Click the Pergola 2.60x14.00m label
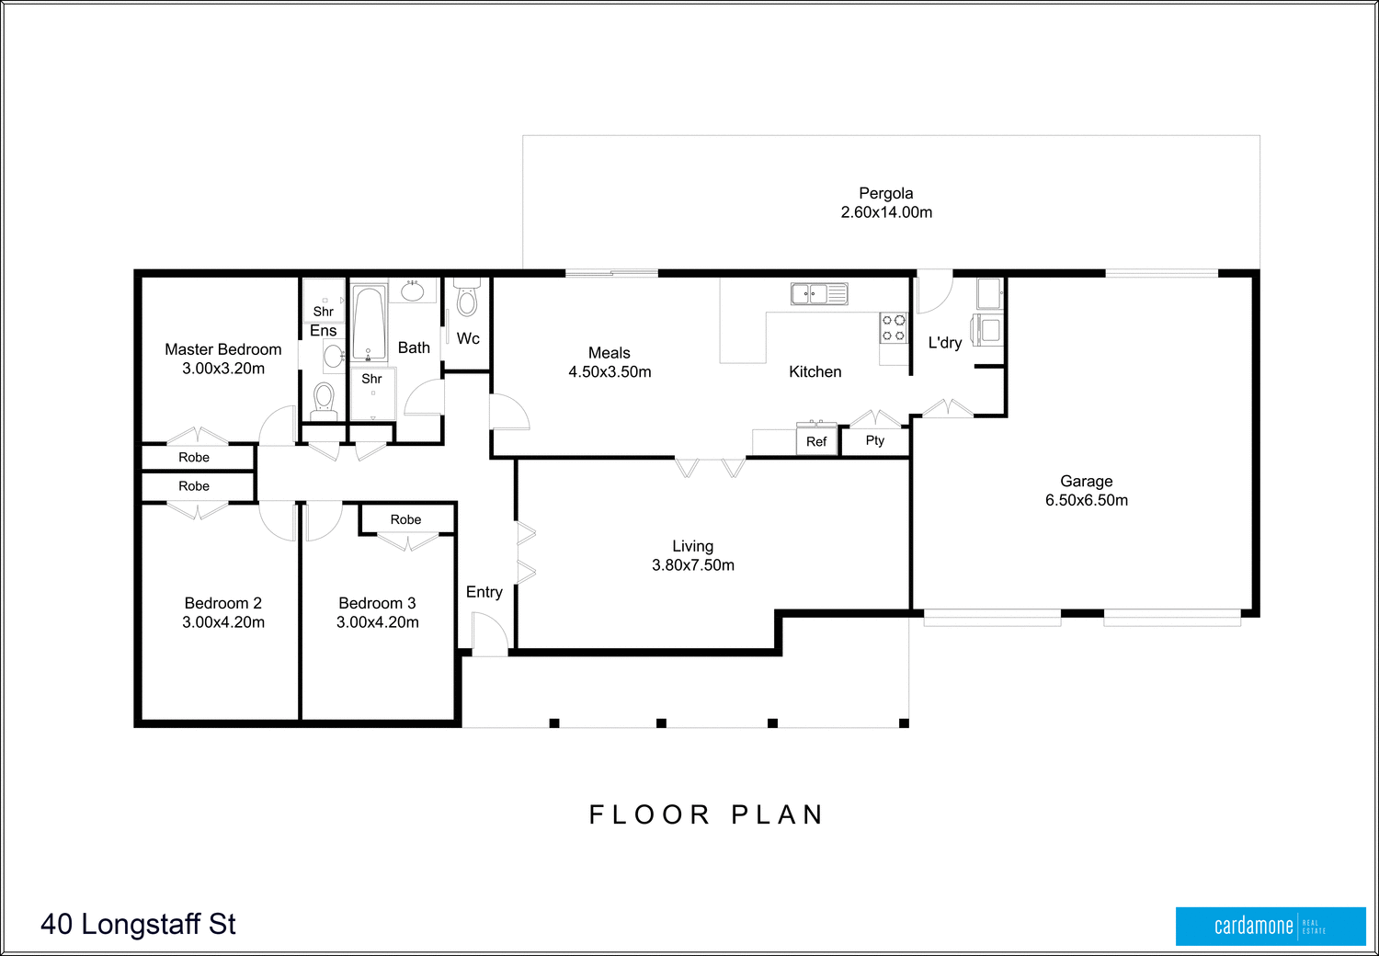pos(886,202)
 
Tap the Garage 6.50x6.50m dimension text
pos(1086,500)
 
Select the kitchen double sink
pos(818,294)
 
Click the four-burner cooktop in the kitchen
pos(894,328)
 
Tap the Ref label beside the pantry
pos(816,441)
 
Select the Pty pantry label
pos(874,440)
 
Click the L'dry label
pos(944,343)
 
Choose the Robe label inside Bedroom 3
pos(405,519)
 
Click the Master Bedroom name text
pos(223,349)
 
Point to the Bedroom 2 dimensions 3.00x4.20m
pos(223,622)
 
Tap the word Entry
pos(484,592)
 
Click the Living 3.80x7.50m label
pos(693,555)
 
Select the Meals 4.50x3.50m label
pos(610,362)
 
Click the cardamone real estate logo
pos(1270,926)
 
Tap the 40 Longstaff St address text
pos(138,924)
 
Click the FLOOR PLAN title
pos(706,814)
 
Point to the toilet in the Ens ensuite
pos(323,400)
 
